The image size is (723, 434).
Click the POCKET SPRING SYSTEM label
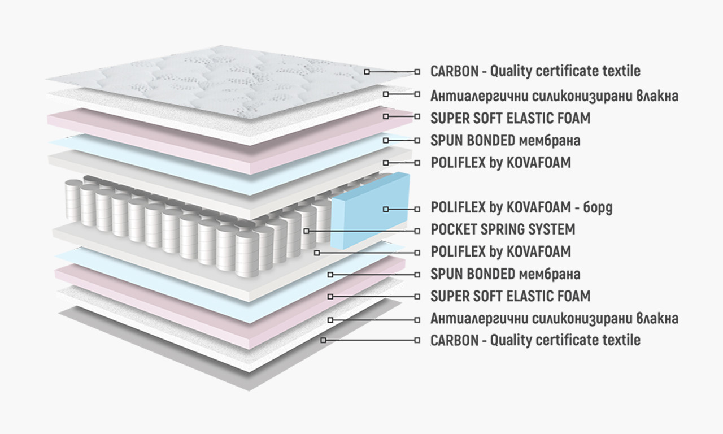(503, 229)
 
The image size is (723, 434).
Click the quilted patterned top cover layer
(226, 79)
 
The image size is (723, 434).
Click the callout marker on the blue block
(386, 209)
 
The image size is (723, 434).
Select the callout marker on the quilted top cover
(367, 72)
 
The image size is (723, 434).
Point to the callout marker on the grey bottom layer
(324, 340)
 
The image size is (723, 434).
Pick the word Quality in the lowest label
(511, 340)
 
